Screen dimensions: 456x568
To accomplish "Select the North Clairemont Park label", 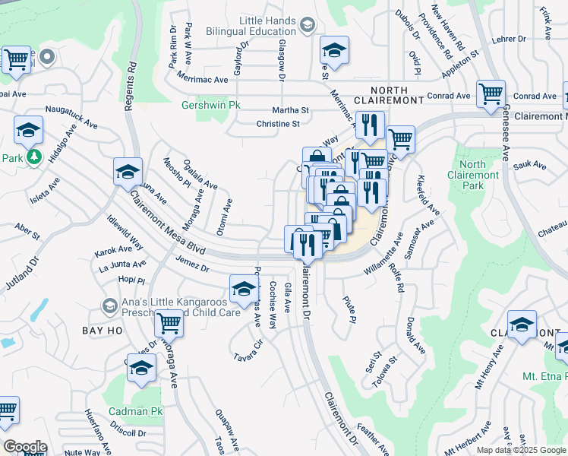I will coord(472,176).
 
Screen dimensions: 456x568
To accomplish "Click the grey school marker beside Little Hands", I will coord(307,27).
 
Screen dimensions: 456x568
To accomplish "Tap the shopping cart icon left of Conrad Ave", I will coord(491,94).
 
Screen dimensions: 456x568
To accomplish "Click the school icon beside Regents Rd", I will coord(128,173).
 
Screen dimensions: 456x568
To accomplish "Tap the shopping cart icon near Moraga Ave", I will coord(169,324).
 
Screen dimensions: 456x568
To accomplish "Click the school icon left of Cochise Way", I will coord(243,289).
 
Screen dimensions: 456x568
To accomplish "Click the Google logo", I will coord(24,446).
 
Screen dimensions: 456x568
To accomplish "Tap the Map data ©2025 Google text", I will coord(521,450).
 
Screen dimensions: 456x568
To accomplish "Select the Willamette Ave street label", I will coord(388,257).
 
